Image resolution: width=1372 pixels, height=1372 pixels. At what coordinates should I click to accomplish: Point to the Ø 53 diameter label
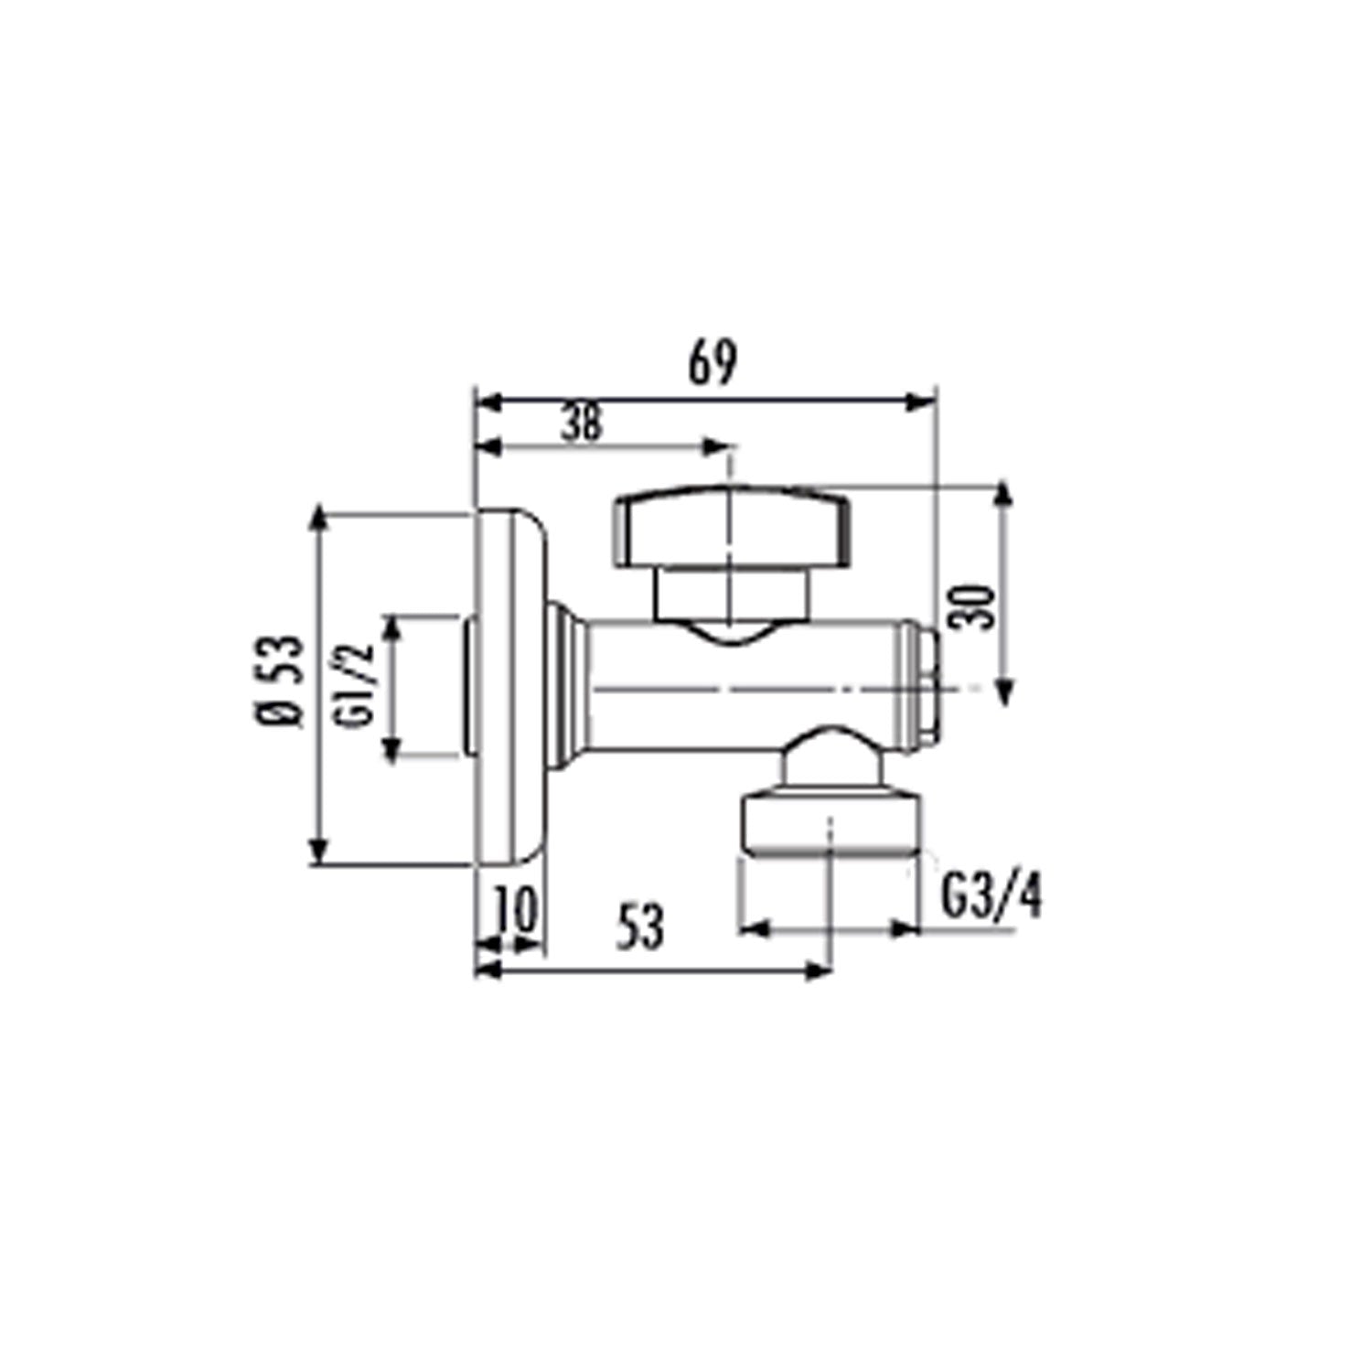point(278,681)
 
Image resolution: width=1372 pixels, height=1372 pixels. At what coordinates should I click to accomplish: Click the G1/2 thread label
point(355,685)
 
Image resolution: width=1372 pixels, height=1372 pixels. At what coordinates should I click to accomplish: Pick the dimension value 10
point(516,911)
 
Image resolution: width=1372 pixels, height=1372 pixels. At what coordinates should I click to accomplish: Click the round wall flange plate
point(511,686)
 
